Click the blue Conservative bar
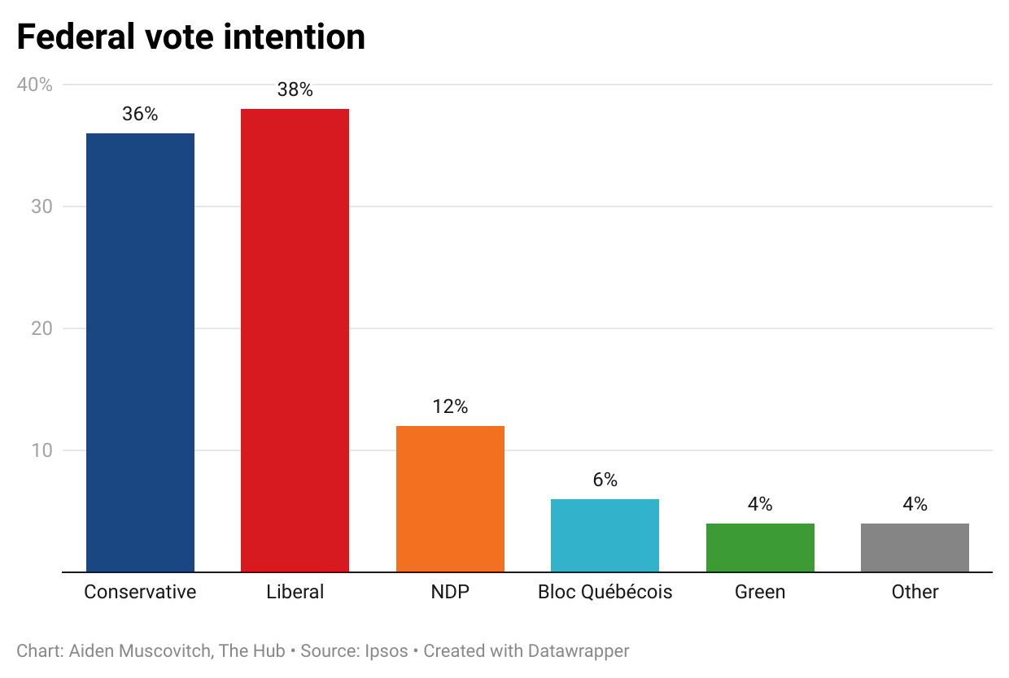coord(140,352)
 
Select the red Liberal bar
coord(295,340)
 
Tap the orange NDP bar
coord(450,498)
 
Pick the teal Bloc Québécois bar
coord(605,535)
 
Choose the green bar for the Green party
coord(760,547)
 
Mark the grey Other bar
coord(915,547)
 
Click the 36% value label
coord(140,115)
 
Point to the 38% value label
coord(295,90)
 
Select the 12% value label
coord(450,407)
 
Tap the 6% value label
coord(605,480)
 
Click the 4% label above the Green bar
coord(760,505)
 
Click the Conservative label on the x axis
coord(140,592)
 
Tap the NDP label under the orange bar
coord(450,592)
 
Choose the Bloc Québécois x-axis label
coord(605,592)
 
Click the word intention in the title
coord(295,37)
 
